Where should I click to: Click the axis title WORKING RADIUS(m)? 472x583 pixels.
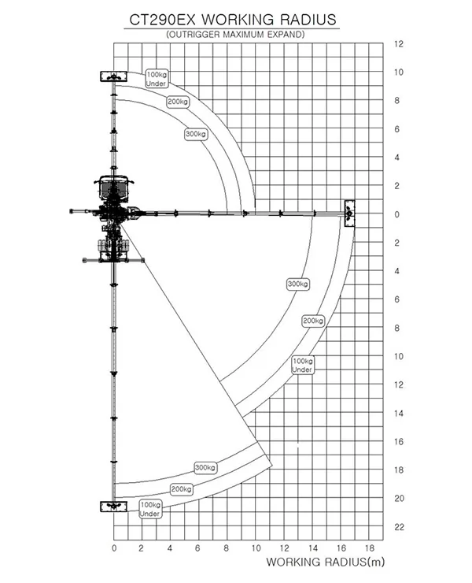pyautogui.click(x=326, y=562)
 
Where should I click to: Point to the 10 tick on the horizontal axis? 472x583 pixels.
pyautogui.click(x=256, y=548)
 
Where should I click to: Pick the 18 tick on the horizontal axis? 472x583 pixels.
pyautogui.click(x=370, y=548)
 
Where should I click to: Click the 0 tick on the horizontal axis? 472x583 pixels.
pyautogui.click(x=114, y=548)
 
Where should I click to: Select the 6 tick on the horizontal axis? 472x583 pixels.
pyautogui.click(x=197, y=548)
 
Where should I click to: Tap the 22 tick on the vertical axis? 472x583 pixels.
pyautogui.click(x=399, y=527)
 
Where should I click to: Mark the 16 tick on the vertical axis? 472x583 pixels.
pyautogui.click(x=399, y=442)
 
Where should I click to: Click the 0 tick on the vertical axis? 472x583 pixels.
pyautogui.click(x=397, y=214)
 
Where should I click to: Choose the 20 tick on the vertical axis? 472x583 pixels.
pyautogui.click(x=399, y=498)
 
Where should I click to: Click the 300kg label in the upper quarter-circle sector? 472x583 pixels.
pyautogui.click(x=196, y=134)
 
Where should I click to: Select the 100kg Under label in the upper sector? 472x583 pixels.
pyautogui.click(x=157, y=79)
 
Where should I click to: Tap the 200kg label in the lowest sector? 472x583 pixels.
pyautogui.click(x=181, y=489)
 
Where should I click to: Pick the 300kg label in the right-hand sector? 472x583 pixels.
pyautogui.click(x=298, y=284)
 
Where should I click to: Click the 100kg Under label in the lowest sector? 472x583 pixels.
pyautogui.click(x=150, y=509)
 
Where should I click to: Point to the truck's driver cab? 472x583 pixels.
pyautogui.click(x=113, y=186)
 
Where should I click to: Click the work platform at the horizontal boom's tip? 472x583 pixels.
pyautogui.click(x=349, y=214)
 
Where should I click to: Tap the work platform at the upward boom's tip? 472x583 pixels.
pyautogui.click(x=113, y=76)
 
